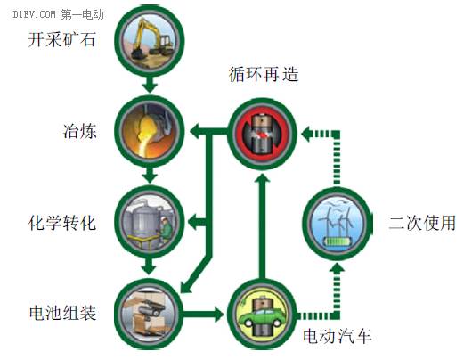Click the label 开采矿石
(61, 39)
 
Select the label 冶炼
(79, 131)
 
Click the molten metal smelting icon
(150, 131)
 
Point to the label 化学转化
(62, 223)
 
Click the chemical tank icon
(150, 222)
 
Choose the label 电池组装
(62, 314)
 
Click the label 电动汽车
(338, 336)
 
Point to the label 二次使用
(422, 223)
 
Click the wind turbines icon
(338, 223)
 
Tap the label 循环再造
(264, 74)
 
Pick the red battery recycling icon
(263, 133)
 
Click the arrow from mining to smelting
(150, 85)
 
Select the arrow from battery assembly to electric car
(203, 315)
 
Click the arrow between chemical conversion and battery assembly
(150, 266)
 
